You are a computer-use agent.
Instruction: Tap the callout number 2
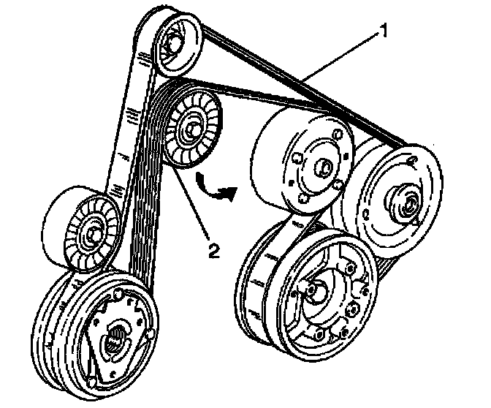pos(213,252)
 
